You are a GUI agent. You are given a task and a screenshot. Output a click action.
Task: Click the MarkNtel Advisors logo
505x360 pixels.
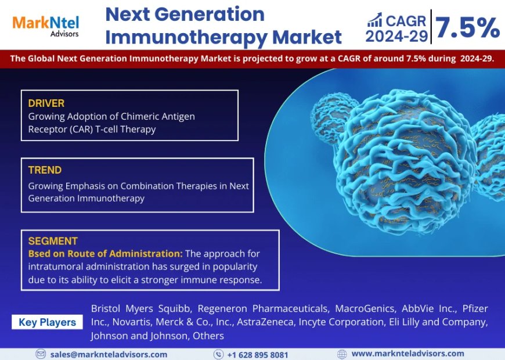(45, 24)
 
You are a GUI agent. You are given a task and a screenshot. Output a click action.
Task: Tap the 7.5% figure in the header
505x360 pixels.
(467, 27)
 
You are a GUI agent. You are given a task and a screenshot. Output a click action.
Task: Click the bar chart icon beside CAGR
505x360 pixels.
(374, 21)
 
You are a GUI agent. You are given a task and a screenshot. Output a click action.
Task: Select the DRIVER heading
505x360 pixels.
(46, 103)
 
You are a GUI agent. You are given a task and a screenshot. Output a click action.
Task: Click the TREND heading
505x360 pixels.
(45, 170)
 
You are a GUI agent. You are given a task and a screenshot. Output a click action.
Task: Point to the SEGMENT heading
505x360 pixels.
(53, 241)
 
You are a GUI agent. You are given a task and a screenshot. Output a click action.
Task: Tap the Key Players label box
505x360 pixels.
(47, 322)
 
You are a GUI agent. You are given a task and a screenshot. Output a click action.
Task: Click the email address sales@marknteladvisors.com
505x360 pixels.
(109, 354)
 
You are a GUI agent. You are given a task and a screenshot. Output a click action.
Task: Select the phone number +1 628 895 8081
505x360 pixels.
(257, 354)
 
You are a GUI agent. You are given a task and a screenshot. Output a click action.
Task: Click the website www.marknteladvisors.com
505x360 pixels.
(407, 354)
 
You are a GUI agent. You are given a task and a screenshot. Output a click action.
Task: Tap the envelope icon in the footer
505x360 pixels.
(41, 354)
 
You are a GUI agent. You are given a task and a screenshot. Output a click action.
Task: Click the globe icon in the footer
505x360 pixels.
(342, 354)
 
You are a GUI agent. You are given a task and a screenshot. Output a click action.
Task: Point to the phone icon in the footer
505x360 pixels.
(218, 354)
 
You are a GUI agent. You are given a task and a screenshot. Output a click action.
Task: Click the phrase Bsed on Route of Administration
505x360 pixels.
(105, 254)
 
